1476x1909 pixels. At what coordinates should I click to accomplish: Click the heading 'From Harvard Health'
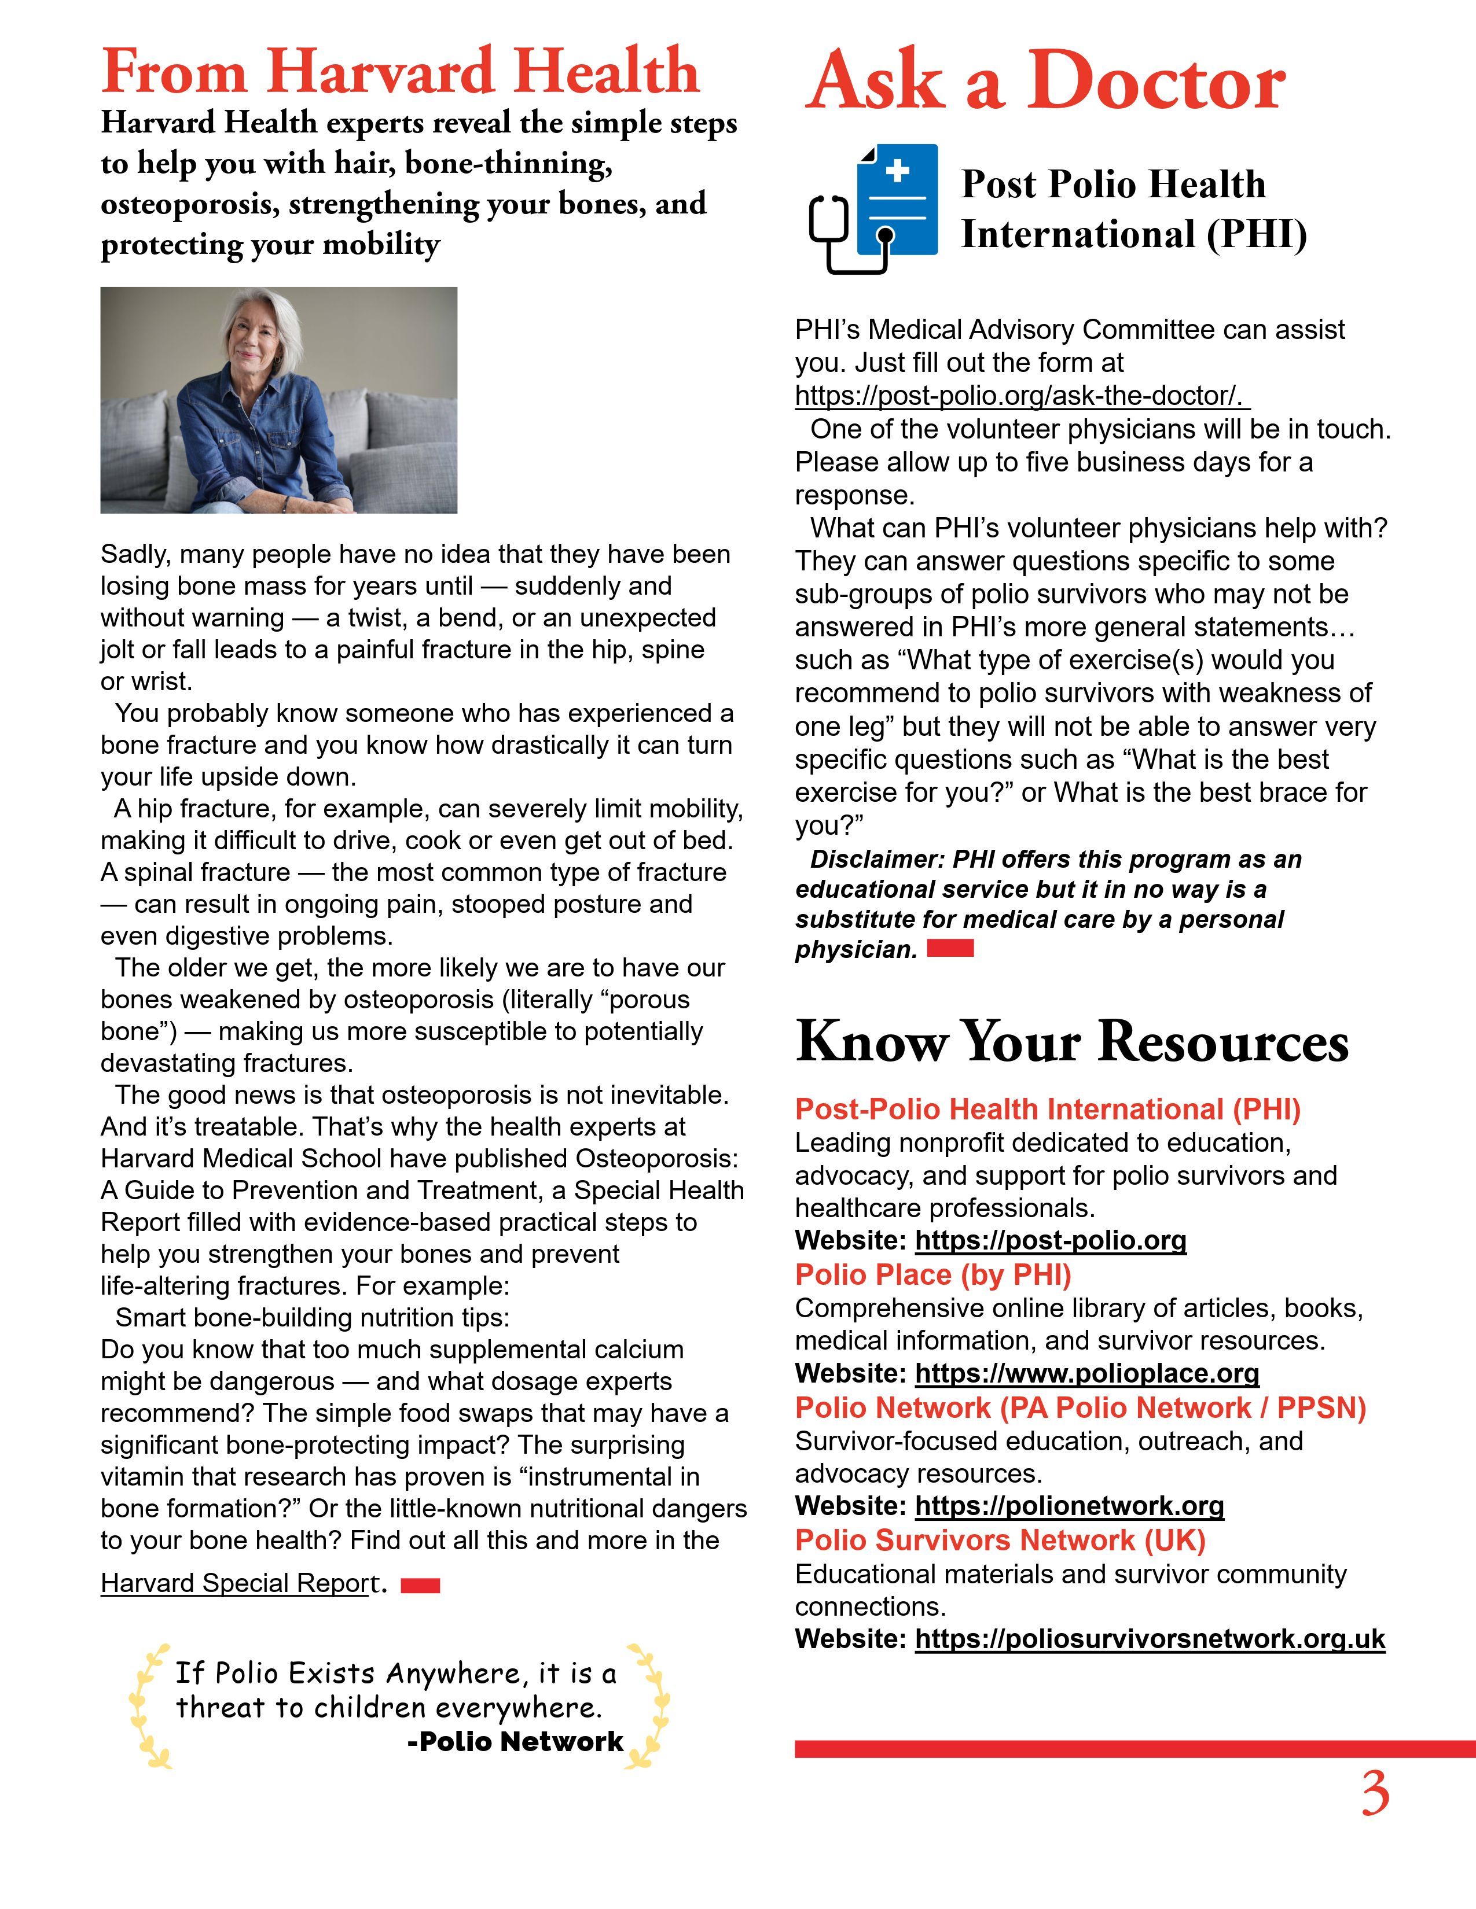(x=401, y=72)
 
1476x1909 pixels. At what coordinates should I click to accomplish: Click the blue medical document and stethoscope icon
(x=875, y=208)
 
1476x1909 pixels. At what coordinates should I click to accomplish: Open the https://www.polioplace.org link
(x=1087, y=1373)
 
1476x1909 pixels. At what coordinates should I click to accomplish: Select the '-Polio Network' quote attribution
(x=515, y=1742)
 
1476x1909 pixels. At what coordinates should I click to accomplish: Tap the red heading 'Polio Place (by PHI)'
(x=933, y=1276)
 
